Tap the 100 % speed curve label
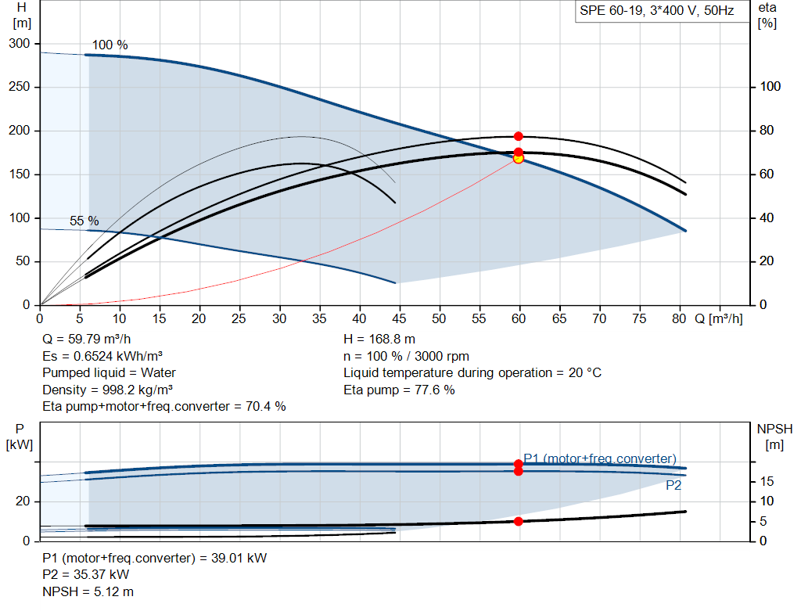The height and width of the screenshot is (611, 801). (x=110, y=45)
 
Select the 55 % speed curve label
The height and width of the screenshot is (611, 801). (x=84, y=221)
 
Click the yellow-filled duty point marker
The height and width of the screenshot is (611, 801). (x=518, y=159)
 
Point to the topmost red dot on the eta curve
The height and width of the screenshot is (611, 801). (x=518, y=136)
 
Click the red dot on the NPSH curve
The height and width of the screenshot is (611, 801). (x=518, y=522)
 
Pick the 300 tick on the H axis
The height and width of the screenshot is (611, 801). (x=20, y=44)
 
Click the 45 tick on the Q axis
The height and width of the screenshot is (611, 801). (x=399, y=318)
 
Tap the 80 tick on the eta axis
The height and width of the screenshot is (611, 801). (x=767, y=131)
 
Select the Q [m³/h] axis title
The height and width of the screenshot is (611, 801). (x=718, y=318)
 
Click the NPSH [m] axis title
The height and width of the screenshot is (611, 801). (x=774, y=437)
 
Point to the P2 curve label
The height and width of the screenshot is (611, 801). (x=673, y=485)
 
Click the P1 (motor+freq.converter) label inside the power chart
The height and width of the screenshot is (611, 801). (x=600, y=458)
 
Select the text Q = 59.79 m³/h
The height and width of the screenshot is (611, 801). (x=87, y=340)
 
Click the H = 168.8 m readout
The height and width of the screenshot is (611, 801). (x=379, y=340)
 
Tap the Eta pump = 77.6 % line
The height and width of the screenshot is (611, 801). (x=399, y=390)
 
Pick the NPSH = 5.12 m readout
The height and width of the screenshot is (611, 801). (x=88, y=591)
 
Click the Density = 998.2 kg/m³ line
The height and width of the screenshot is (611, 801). (x=107, y=390)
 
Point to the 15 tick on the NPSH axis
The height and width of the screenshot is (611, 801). (x=767, y=481)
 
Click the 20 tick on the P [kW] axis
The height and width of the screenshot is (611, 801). (x=23, y=501)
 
